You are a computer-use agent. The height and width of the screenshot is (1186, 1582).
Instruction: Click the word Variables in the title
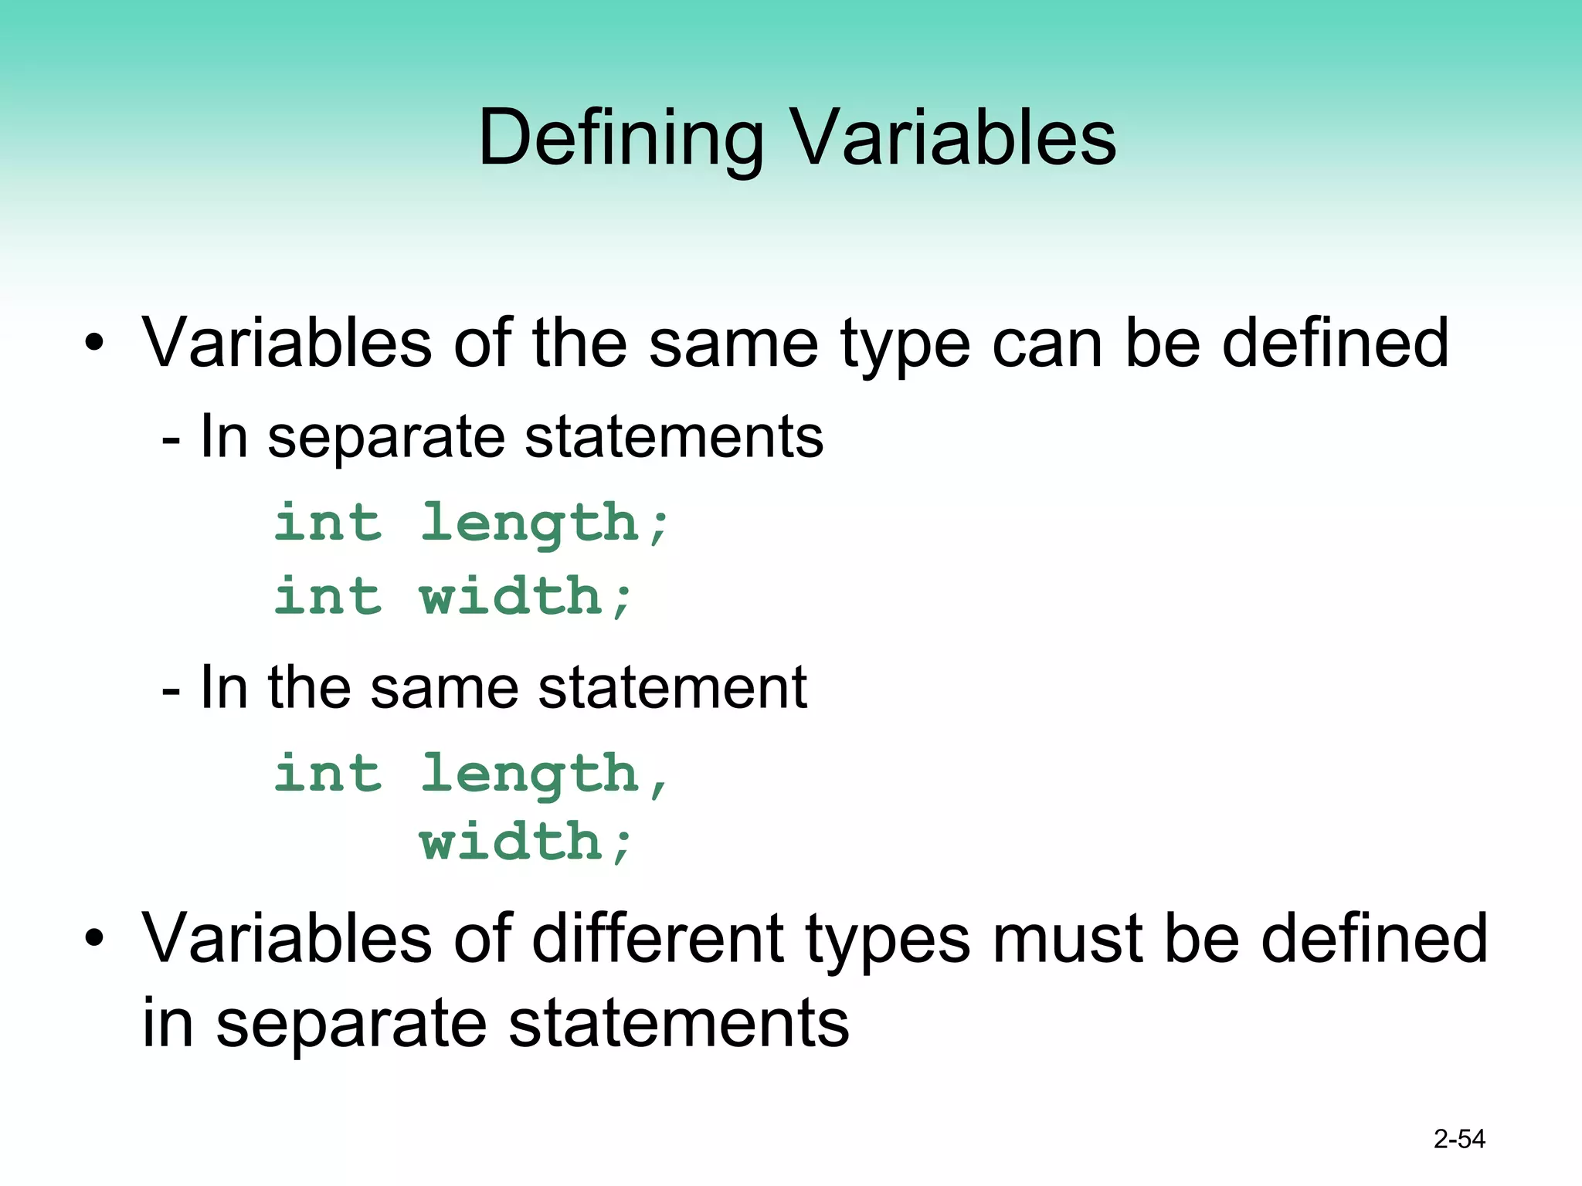coord(954,137)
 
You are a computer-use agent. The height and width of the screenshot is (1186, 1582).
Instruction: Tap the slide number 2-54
coord(1459,1139)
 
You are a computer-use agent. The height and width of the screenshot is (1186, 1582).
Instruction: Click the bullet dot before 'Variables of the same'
coord(94,343)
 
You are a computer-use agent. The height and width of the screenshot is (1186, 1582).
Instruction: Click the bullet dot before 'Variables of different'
coord(94,938)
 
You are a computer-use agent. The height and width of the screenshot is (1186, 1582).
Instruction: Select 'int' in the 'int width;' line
coord(328,596)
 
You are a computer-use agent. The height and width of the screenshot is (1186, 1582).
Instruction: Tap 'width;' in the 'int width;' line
coord(526,596)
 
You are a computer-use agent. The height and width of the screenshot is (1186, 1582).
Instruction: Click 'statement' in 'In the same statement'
coord(672,687)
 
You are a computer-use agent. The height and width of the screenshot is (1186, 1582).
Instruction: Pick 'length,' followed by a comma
coord(545,775)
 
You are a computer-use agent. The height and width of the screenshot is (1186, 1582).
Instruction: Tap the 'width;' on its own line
coord(526,842)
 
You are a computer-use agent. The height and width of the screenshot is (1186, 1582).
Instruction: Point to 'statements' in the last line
coord(679,1023)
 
